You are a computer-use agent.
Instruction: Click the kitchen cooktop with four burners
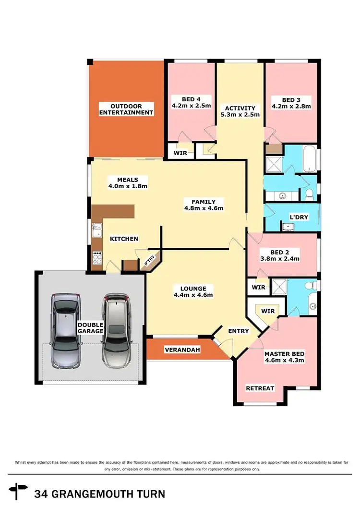(97, 259)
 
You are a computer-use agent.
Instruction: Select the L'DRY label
(299, 217)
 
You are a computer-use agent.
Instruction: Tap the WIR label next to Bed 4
(180, 153)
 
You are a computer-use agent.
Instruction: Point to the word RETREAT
(260, 388)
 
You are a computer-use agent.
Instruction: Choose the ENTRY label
(239, 331)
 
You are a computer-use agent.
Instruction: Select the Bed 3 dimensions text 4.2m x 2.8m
(291, 107)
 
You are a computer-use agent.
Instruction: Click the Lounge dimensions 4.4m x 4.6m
(194, 295)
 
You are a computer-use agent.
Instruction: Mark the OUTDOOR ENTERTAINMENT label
(126, 109)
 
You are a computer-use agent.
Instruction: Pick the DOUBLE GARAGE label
(90, 328)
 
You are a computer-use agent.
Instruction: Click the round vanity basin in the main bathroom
(282, 195)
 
